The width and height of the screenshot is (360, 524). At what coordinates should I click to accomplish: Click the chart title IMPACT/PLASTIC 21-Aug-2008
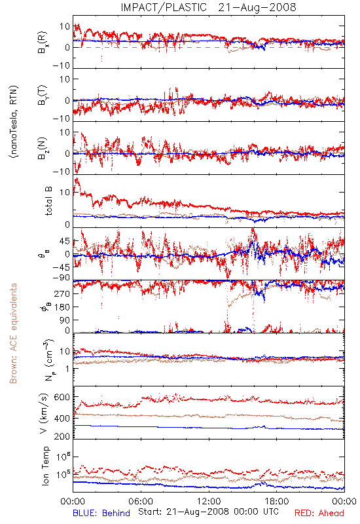tap(208, 7)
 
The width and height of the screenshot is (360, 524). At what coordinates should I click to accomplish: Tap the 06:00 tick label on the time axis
tap(141, 501)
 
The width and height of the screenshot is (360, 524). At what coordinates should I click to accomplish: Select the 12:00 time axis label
tap(209, 501)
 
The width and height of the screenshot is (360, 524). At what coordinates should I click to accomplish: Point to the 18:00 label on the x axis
tap(277, 501)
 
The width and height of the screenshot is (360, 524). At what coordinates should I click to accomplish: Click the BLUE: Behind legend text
tap(101, 513)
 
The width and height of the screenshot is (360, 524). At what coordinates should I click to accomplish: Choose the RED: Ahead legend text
tap(319, 513)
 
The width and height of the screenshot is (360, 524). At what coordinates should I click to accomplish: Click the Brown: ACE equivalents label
tap(13, 333)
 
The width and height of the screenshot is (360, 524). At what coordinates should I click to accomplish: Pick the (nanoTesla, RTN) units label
tap(14, 122)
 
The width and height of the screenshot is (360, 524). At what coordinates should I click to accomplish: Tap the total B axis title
tap(48, 201)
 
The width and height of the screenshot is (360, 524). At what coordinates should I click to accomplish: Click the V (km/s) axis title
tap(44, 413)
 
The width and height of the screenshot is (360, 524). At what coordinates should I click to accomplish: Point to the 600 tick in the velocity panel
tap(62, 397)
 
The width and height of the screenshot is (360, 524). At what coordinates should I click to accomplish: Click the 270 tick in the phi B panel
tap(62, 293)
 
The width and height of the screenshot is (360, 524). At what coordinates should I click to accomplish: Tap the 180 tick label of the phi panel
tap(62, 307)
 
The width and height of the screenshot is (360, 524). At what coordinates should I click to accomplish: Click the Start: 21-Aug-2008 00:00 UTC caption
tap(209, 512)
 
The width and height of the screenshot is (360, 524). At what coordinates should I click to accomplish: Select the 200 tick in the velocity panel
tap(62, 436)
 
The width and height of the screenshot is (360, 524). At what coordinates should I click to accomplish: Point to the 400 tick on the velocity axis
tap(62, 419)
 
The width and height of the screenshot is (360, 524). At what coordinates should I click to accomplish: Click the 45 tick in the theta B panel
tap(65, 241)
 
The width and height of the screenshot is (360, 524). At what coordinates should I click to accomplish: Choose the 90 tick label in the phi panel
tap(65, 320)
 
